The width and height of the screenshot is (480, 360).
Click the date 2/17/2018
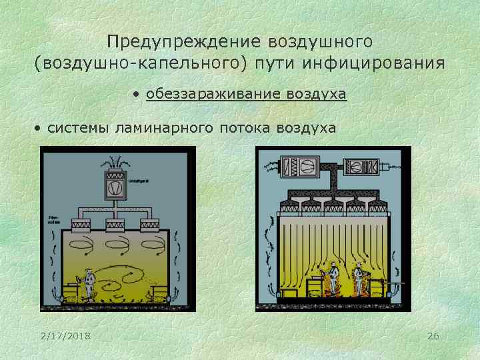pyautogui.click(x=65, y=335)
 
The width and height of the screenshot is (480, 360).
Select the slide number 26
pyautogui.click(x=433, y=335)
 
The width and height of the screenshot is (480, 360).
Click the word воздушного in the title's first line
pyautogui.click(x=320, y=41)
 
